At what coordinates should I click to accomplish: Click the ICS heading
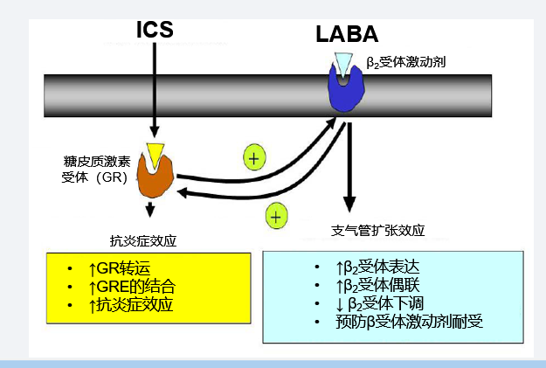tap(155, 29)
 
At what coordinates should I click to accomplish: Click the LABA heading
tap(347, 35)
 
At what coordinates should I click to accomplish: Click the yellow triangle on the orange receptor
tap(155, 155)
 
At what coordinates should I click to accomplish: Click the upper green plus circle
tap(253, 158)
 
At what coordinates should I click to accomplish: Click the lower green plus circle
tap(276, 215)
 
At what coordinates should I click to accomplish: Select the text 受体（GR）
tap(94, 177)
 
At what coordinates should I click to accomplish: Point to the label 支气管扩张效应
tap(378, 231)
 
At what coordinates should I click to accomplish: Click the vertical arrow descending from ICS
tap(155, 87)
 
